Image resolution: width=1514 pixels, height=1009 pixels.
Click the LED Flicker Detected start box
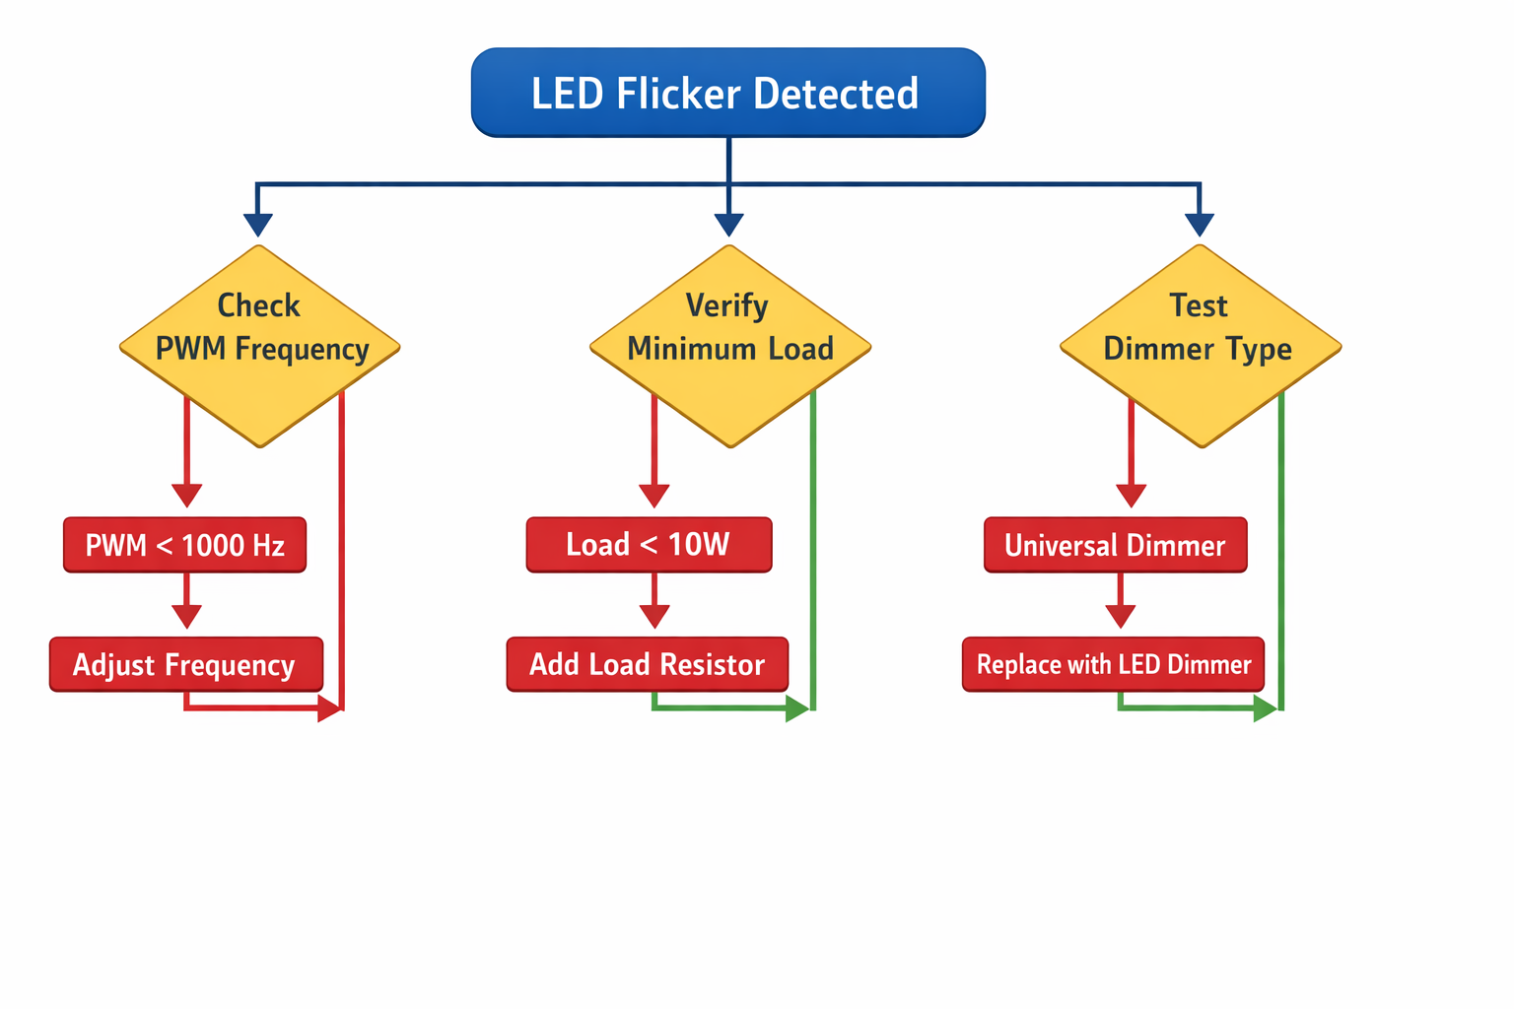point(727,93)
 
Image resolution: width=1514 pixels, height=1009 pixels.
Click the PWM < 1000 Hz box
point(184,545)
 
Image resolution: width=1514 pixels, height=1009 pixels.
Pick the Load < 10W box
point(649,545)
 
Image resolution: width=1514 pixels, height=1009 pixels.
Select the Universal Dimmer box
point(1115,545)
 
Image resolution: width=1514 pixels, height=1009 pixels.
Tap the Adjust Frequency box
point(185,664)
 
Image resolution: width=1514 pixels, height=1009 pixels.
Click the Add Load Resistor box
point(647,664)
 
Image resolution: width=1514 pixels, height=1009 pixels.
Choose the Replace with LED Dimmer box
point(1113,664)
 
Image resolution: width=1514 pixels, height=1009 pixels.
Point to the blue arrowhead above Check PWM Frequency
point(257,225)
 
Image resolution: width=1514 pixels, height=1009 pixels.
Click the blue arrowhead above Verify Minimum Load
point(728,225)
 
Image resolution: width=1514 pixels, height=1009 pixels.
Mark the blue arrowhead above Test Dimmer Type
point(1200,225)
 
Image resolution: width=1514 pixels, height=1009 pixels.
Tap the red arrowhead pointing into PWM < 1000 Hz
point(186,495)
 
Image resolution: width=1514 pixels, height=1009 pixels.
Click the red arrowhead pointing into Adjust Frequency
point(186,616)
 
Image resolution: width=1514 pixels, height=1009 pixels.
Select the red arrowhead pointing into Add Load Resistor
point(654,616)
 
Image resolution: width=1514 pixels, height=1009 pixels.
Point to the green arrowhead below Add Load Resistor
point(796,708)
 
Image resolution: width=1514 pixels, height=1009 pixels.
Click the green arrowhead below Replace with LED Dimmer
point(1265,708)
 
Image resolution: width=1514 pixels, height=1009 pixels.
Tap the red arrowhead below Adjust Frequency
point(329,708)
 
